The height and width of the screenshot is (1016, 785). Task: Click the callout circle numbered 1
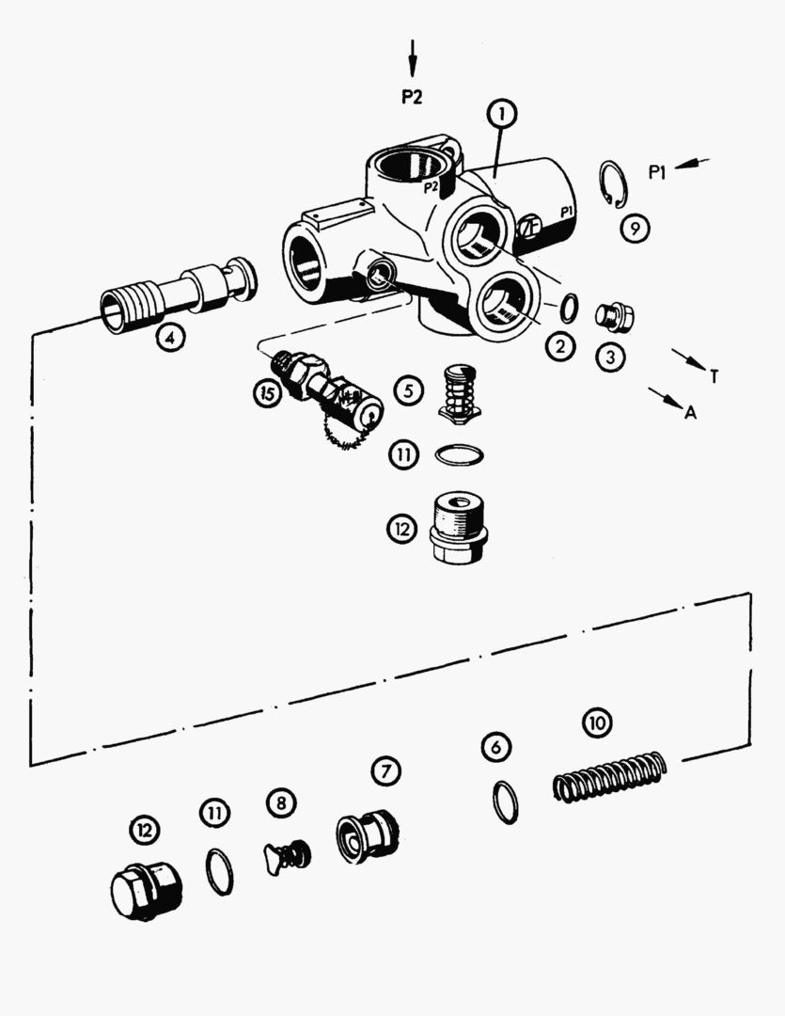502,115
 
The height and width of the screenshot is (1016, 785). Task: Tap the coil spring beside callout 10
609,776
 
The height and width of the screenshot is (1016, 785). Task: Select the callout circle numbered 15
269,394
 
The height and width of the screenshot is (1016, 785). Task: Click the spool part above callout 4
179,291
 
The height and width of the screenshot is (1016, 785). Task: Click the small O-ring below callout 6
505,802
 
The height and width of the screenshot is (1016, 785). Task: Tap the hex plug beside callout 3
615,316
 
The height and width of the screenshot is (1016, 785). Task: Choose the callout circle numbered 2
560,345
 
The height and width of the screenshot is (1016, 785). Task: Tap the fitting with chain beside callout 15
334,392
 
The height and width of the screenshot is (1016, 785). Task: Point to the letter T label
714,377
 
